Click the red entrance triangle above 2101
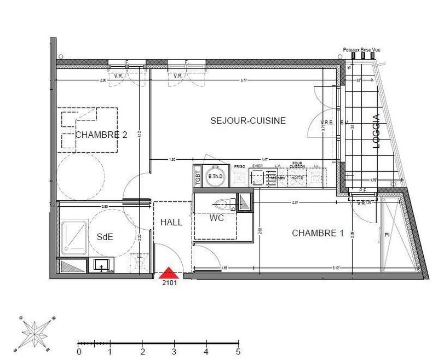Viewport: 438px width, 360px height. pos(169,272)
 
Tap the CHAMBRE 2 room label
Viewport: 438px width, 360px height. pos(101,135)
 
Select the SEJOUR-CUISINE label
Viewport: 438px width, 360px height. pos(248,120)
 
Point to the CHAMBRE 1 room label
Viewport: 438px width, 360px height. pos(318,233)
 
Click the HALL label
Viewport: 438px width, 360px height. pos(171,223)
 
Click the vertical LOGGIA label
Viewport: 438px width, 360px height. pos(376,131)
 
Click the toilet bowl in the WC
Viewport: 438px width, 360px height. pos(222,205)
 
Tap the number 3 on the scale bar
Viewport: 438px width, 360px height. pos(174,352)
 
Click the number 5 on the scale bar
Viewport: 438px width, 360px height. pos(238,352)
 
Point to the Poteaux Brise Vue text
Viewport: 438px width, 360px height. pos(361,50)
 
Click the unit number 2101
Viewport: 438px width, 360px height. pos(169,283)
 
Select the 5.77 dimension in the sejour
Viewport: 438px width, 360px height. pos(242,80)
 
